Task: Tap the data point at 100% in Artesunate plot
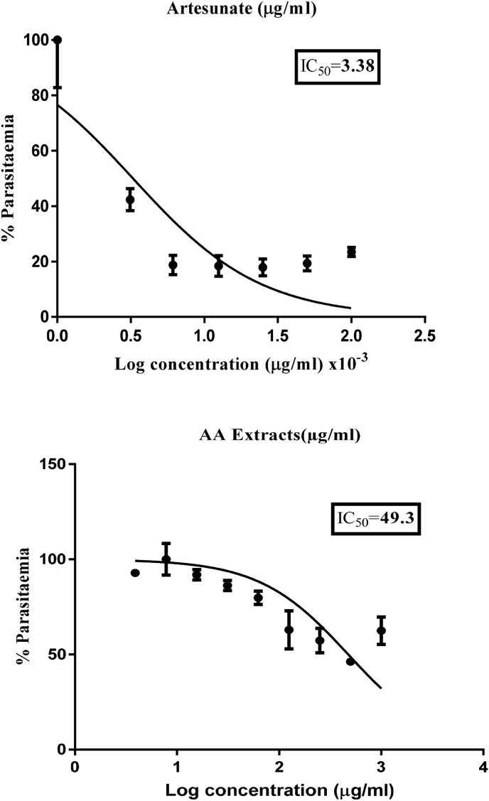tap(58, 40)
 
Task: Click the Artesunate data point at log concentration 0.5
tap(130, 200)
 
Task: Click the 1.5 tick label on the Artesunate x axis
tap(277, 333)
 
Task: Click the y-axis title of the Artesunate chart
tap(10, 178)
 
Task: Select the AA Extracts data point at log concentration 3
tap(381, 630)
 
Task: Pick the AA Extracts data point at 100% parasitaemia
tap(166, 559)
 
